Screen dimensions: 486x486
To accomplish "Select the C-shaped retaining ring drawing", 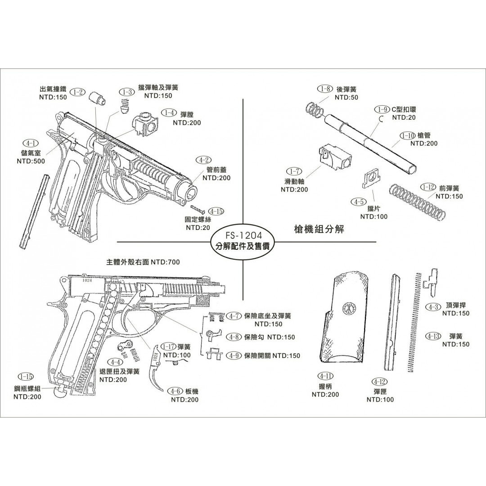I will pos(381,119).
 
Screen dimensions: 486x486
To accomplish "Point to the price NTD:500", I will pos(31,161).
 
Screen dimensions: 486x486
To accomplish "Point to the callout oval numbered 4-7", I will pos(233,316).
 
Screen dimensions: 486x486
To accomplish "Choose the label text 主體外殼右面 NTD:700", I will pos(143,262).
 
